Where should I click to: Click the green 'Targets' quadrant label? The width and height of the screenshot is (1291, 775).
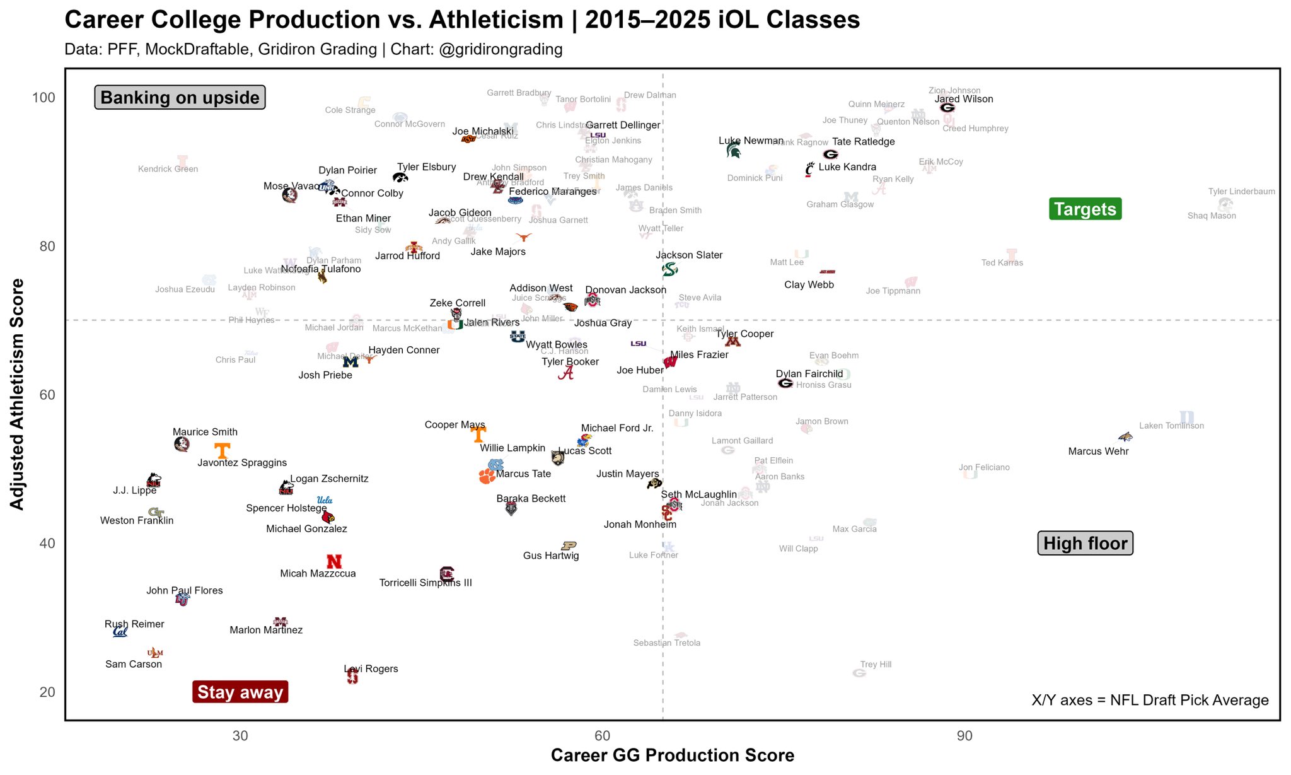1084,209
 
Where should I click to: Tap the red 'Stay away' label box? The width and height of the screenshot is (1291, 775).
240,692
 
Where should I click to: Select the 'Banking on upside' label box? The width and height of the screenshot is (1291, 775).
180,98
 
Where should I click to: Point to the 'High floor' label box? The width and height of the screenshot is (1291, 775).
1085,543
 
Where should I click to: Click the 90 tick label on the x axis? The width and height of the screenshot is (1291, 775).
964,736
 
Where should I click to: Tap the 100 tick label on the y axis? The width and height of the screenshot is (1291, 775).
43,98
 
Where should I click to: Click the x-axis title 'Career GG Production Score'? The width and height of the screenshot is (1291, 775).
672,755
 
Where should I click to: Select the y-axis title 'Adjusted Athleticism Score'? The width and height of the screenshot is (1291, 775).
17,394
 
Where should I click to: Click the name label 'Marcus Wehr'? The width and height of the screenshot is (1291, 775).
1098,452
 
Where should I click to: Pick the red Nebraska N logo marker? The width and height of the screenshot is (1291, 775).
334,561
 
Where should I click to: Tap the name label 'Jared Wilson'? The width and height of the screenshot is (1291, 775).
963,99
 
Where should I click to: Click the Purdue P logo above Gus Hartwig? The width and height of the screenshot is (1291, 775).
569,545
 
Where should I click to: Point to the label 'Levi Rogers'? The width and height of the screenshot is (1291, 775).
371,669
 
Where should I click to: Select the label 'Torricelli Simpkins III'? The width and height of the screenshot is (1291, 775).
426,583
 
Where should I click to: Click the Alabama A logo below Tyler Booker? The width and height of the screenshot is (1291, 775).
566,373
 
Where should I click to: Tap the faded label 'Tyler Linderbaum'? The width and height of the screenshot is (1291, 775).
1241,192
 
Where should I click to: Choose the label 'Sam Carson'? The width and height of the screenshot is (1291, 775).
134,664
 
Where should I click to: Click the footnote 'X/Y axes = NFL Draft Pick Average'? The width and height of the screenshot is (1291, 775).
1150,700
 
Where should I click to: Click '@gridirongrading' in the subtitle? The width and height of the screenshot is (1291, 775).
501,49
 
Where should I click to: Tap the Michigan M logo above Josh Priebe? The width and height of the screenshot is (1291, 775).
350,362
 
